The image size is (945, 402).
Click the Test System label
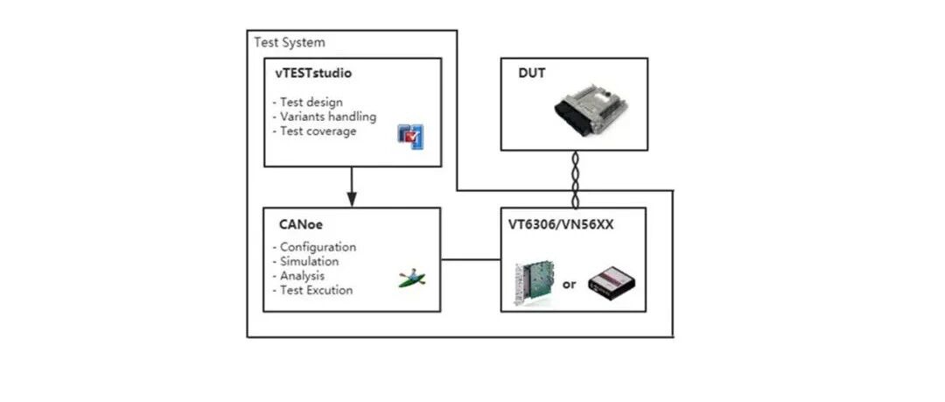tap(289, 42)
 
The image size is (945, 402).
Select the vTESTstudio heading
tap(312, 74)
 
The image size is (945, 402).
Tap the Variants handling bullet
tap(325, 116)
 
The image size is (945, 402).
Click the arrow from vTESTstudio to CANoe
tap(351, 185)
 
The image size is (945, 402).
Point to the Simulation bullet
tap(306, 261)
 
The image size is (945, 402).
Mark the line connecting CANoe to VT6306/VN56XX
tap(470, 259)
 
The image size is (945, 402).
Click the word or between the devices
tap(570, 284)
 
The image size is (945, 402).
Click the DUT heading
tap(532, 74)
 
